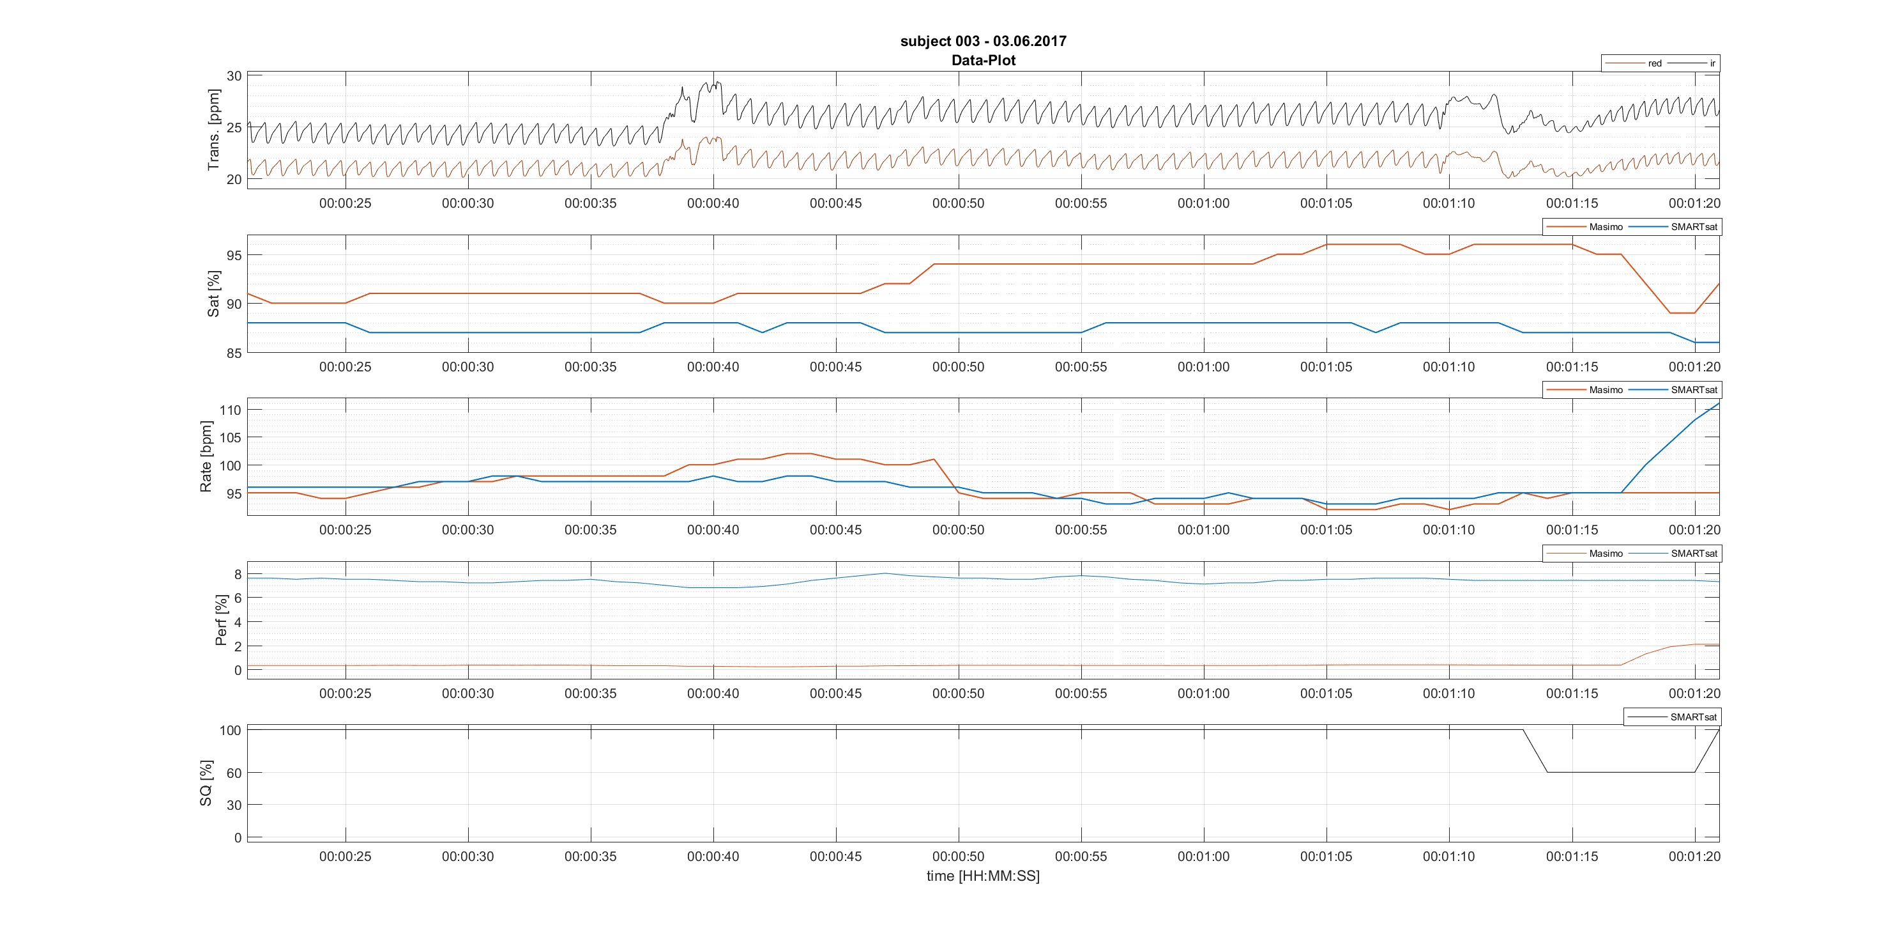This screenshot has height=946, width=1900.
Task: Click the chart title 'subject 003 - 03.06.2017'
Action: pos(983,42)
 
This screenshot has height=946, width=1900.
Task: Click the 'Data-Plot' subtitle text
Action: pos(983,61)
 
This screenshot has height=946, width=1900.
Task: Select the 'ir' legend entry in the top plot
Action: pos(1712,63)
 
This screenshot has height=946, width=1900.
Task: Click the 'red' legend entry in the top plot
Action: pos(1654,63)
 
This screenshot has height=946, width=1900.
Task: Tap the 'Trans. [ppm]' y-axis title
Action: pos(214,130)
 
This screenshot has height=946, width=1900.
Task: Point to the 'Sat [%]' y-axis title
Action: pos(214,293)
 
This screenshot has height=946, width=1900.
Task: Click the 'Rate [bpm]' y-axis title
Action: pos(206,457)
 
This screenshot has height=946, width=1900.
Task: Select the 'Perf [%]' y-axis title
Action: pos(220,621)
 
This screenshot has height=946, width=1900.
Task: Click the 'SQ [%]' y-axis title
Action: pos(206,783)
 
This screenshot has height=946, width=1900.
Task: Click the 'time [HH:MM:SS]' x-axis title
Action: pos(983,876)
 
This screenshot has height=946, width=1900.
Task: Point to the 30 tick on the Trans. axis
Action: pos(234,76)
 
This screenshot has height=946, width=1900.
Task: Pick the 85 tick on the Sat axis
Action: pos(234,353)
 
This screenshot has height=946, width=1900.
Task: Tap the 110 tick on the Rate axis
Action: pos(230,410)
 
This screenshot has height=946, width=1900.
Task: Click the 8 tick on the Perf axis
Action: pos(238,574)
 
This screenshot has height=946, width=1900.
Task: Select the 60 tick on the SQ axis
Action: pos(234,773)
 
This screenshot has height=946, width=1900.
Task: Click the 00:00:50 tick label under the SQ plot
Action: pos(958,857)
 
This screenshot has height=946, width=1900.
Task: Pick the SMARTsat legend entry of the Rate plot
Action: pos(1694,391)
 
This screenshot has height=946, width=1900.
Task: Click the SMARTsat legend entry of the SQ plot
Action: pos(1694,717)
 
